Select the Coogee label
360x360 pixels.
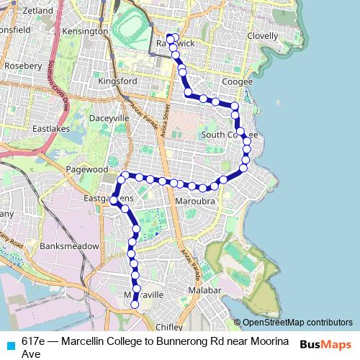tap(238, 82)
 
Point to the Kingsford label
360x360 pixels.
tap(117, 81)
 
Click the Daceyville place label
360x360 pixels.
tap(109, 117)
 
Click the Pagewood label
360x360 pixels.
tap(86, 169)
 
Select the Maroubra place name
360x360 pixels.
tap(195, 202)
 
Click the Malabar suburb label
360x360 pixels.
tap(204, 289)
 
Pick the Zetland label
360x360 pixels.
tap(38, 12)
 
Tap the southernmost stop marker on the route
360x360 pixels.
tap(135, 304)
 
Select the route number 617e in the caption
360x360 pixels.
tap(35, 340)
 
